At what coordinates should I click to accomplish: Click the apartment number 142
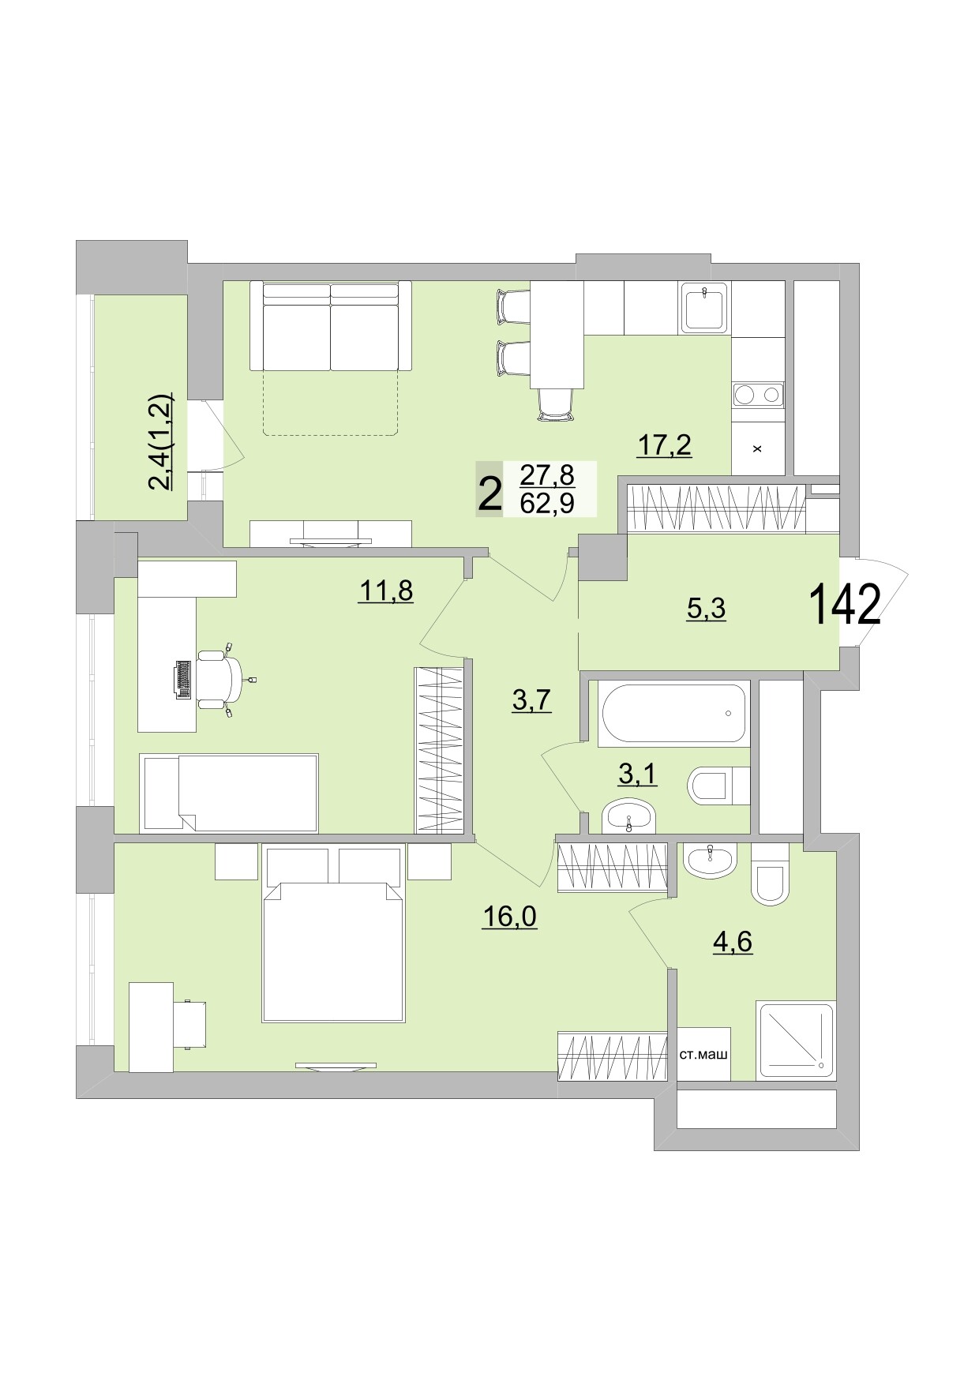(x=844, y=605)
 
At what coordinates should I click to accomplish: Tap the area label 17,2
(x=664, y=445)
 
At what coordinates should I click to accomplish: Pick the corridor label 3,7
(x=531, y=700)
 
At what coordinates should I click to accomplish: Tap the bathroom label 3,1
(x=637, y=775)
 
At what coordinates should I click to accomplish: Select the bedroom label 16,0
(x=509, y=916)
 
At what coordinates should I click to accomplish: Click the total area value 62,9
(x=547, y=502)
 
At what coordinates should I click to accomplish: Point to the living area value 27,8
(x=547, y=476)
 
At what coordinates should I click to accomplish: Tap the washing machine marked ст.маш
(x=703, y=1054)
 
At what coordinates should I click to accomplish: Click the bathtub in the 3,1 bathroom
(x=673, y=714)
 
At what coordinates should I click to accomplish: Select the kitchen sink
(x=704, y=308)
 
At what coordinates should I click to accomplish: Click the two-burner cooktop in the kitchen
(x=758, y=394)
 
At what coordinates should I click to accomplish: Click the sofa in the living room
(x=331, y=326)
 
